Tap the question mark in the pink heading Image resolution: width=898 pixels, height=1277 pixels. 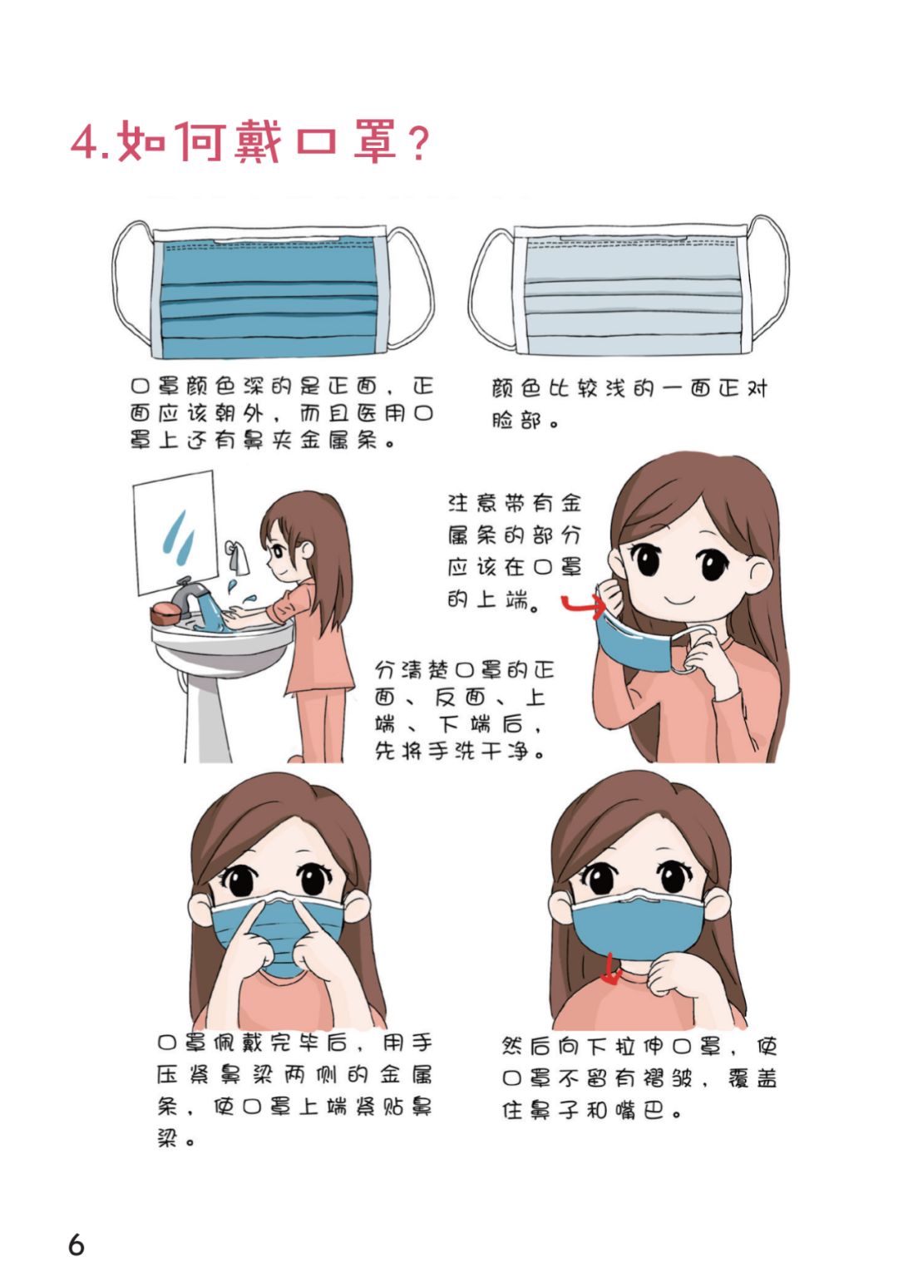(x=418, y=144)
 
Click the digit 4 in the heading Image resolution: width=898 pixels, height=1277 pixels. (x=85, y=141)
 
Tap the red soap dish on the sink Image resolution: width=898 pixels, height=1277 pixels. (x=165, y=614)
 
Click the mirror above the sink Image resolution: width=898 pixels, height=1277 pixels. (x=175, y=530)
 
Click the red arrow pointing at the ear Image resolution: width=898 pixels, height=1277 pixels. (x=583, y=605)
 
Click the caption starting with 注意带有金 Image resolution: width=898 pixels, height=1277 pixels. (x=515, y=551)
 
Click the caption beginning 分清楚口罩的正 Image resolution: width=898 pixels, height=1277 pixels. (x=463, y=710)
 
